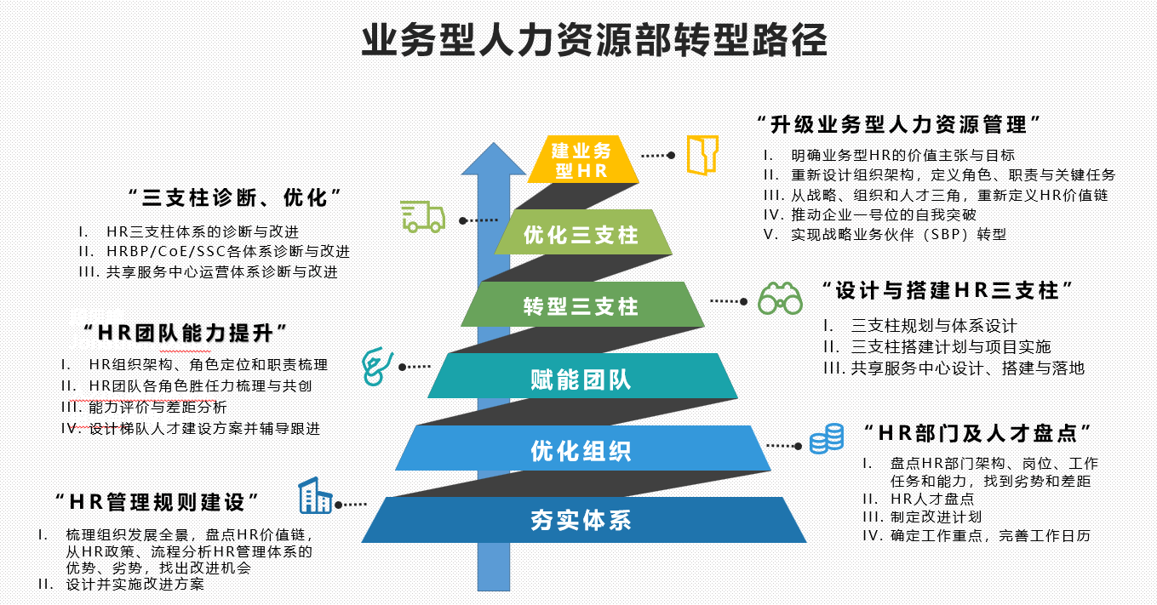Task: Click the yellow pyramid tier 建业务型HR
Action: (582, 160)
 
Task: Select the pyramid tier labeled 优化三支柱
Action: (581, 234)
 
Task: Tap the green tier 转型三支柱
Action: (581, 305)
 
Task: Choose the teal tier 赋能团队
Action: (581, 378)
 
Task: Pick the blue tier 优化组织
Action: (581, 450)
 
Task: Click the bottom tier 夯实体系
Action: (581, 520)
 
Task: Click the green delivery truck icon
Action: (423, 216)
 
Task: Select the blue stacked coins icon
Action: (826, 439)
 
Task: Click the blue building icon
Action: (314, 495)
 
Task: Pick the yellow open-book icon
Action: (703, 154)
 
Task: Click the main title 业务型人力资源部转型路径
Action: (593, 41)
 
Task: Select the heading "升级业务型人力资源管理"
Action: (898, 124)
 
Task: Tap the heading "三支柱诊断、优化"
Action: (235, 198)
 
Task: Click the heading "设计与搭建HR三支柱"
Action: (945, 290)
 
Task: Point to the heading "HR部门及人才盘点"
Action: (977, 432)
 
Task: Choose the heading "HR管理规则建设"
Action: (157, 501)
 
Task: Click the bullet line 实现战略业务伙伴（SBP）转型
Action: (898, 234)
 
